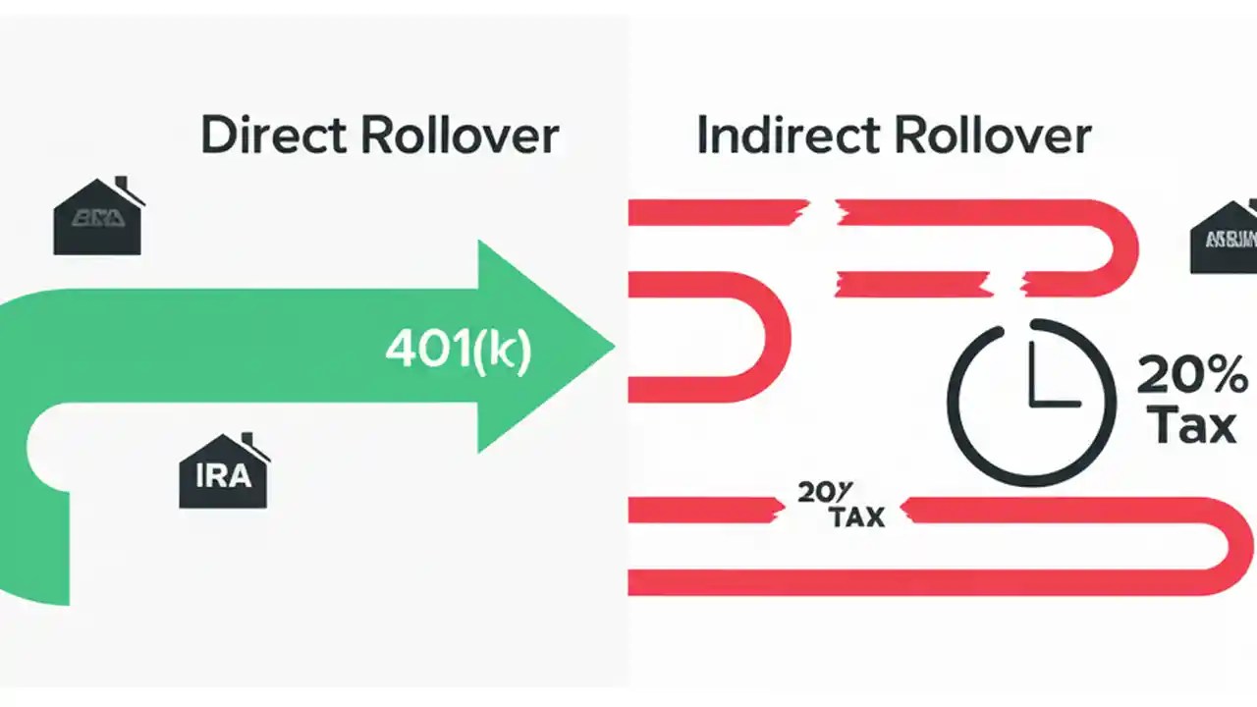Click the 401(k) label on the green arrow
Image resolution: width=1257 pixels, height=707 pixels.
coord(458,349)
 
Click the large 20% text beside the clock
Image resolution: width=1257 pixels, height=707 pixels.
coord(1191,375)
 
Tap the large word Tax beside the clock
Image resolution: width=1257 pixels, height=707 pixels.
coord(1190,426)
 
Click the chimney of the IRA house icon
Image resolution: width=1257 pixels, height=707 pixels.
coord(247,441)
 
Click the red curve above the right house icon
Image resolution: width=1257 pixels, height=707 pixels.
coord(1120,245)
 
